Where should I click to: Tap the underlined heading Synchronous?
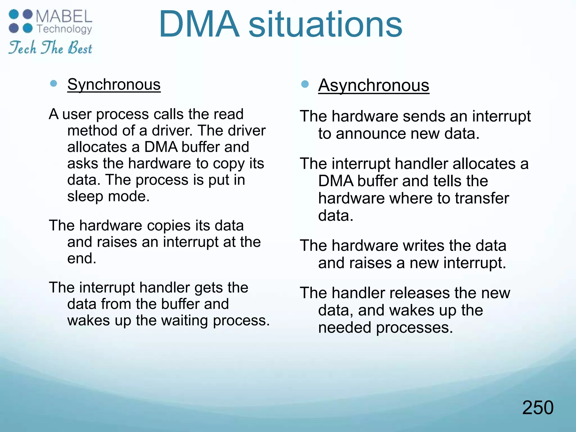coord(114,84)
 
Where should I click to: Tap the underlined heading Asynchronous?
coord(373,85)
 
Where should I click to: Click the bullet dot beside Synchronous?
coord(53,83)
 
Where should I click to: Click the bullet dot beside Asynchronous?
coord(305,84)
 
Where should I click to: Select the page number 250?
coord(537,408)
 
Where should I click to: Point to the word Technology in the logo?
coord(64,29)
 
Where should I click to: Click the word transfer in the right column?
coord(482,198)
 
